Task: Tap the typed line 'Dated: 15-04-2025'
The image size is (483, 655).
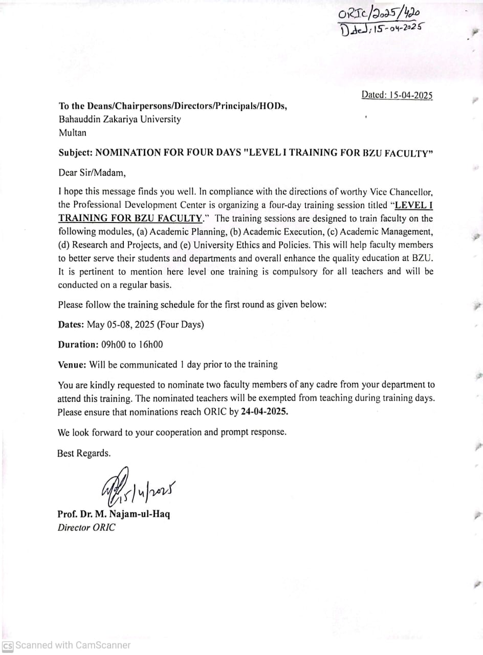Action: pyautogui.click(x=397, y=95)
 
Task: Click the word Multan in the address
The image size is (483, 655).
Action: pyautogui.click(x=73, y=133)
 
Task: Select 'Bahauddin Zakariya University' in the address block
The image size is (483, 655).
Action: pyautogui.click(x=119, y=120)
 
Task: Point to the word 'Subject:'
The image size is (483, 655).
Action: pyautogui.click(x=75, y=152)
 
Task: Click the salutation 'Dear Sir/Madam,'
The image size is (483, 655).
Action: pyautogui.click(x=92, y=172)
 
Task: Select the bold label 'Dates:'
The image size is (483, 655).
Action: pyautogui.click(x=71, y=324)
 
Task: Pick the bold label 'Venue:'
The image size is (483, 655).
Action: pyautogui.click(x=72, y=364)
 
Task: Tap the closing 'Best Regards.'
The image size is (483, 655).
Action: pyautogui.click(x=84, y=453)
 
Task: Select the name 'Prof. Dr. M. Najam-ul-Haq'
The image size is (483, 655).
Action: pyautogui.click(x=114, y=514)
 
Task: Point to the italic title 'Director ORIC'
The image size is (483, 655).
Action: pyautogui.click(x=86, y=528)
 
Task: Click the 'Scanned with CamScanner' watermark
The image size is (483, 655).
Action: pyautogui.click(x=72, y=645)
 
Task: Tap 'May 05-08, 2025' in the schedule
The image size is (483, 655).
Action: pyautogui.click(x=121, y=324)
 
